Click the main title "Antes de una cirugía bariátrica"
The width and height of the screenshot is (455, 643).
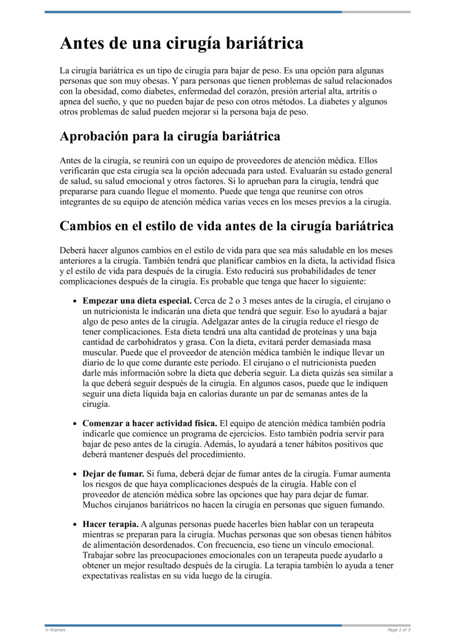point(181,44)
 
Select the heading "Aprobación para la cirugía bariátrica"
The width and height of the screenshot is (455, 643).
point(170,137)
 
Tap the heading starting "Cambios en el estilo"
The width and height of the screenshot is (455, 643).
point(226,226)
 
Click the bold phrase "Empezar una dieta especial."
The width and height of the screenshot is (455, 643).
point(137,300)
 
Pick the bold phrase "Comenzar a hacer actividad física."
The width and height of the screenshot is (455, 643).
point(150,423)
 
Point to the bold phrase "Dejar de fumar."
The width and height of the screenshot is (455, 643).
point(113,473)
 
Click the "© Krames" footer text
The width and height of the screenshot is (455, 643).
point(55,630)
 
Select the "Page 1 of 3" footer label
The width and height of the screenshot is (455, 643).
point(399,630)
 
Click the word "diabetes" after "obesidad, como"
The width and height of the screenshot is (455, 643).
point(159,92)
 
